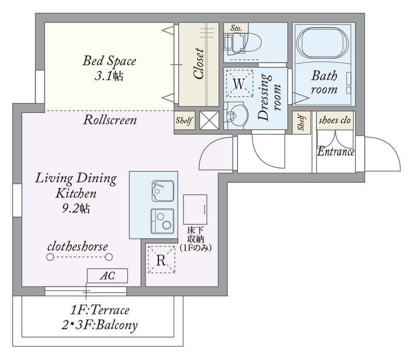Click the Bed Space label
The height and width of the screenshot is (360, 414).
point(109,61)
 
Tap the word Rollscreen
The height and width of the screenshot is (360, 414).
point(110,120)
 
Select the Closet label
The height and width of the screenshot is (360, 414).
point(199,63)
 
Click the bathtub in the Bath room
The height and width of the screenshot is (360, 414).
point(322,43)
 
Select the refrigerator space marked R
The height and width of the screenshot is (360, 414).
point(161,260)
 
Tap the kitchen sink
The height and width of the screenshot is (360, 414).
point(162,191)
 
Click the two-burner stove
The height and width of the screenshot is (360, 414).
point(162,221)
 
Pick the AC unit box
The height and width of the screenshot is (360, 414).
point(107,276)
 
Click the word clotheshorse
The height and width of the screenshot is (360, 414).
point(78,247)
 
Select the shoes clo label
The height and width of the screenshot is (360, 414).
point(334,120)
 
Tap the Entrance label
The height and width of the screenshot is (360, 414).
point(335,151)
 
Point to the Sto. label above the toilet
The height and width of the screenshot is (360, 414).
point(236,28)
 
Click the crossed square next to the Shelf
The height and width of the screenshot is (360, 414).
point(209,120)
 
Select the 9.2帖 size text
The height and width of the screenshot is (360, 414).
point(76,209)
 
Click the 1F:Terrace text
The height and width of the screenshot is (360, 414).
point(99,310)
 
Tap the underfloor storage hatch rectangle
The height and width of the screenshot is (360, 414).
point(195,210)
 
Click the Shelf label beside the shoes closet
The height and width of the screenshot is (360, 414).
point(301,122)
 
